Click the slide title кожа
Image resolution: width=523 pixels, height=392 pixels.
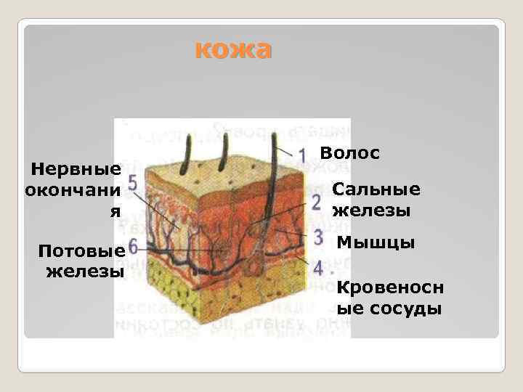(x=233, y=49)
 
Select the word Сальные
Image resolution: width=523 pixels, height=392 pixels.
(x=376, y=189)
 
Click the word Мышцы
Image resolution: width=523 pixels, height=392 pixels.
(x=376, y=242)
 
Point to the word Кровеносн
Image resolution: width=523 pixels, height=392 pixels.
(x=390, y=287)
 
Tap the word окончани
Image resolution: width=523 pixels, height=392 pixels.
(x=73, y=190)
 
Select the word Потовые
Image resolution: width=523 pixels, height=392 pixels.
(x=82, y=251)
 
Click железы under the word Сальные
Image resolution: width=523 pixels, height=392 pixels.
(x=371, y=211)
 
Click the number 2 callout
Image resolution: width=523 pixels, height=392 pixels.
(x=315, y=201)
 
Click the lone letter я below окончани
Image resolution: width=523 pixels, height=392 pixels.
(x=113, y=211)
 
